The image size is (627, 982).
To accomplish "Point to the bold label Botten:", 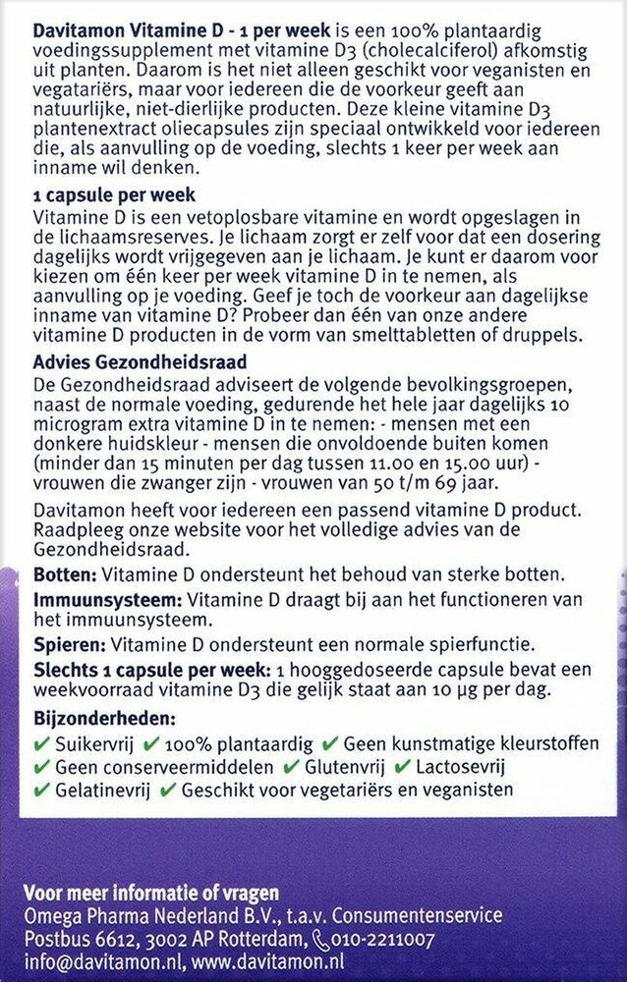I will pos(59,573).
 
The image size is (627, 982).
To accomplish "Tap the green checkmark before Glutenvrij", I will pos(290,766).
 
